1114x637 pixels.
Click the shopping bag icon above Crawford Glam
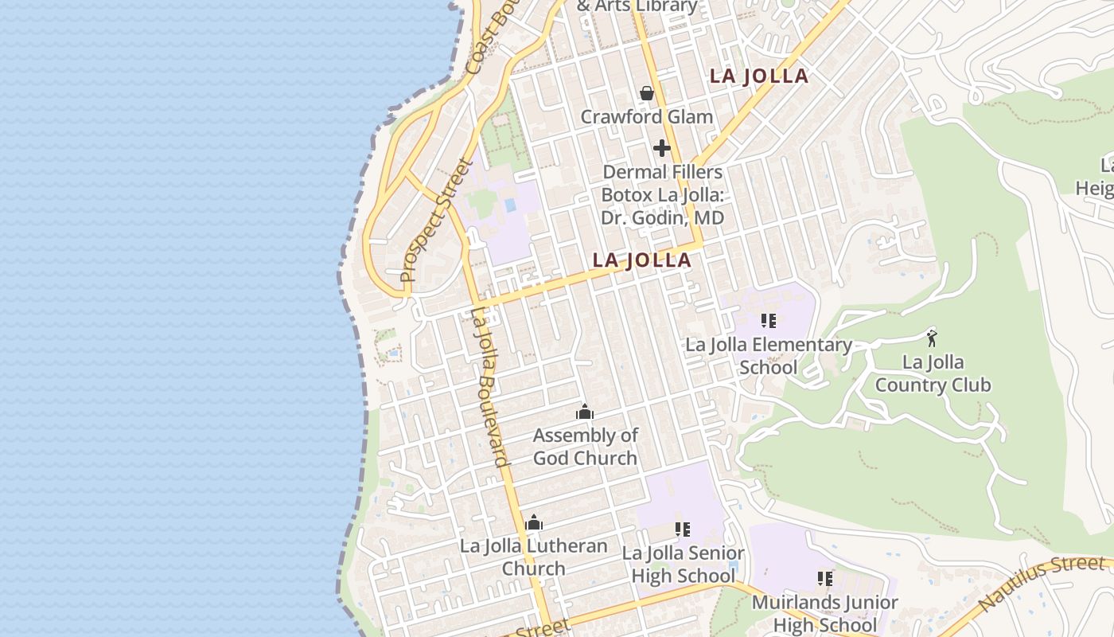pos(647,93)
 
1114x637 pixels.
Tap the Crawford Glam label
pos(646,117)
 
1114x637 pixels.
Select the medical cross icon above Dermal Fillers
pos(661,148)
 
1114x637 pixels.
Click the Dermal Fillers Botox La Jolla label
pos(662,194)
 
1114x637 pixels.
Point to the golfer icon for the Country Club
pos(932,337)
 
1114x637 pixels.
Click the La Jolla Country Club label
pos(933,373)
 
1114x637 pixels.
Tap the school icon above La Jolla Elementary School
pos(768,321)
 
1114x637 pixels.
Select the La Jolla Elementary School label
pos(768,356)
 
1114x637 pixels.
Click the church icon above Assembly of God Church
pos(585,412)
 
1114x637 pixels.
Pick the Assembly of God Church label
pos(585,447)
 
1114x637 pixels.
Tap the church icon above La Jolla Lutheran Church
pos(534,522)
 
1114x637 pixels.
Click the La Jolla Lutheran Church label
pos(534,557)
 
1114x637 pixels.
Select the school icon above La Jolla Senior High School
pos(682,529)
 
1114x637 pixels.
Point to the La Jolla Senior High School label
pos(683,564)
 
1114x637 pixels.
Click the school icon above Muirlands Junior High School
pos(824,579)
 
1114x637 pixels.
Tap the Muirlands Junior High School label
pos(824,614)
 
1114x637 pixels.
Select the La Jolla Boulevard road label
pos(489,387)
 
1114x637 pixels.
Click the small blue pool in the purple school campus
pos(509,205)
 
